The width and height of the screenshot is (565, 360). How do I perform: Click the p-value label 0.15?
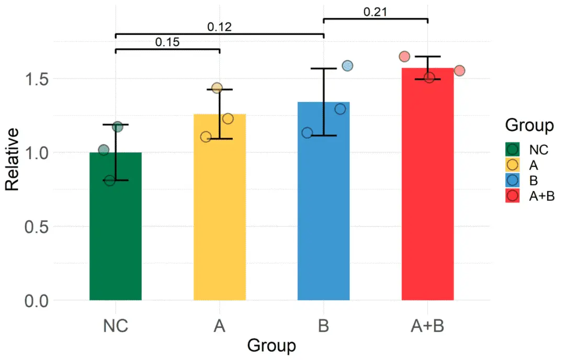point(167,42)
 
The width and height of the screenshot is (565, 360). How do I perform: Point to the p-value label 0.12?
point(219,27)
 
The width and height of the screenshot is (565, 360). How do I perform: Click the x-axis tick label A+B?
point(427,325)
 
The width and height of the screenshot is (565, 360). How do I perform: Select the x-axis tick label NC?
point(115,325)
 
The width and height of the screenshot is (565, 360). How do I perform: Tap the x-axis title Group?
point(271,346)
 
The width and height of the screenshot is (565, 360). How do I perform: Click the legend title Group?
point(529,126)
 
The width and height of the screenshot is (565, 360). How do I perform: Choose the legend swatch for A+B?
point(513,196)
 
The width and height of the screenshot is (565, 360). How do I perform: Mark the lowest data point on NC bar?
point(109,181)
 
